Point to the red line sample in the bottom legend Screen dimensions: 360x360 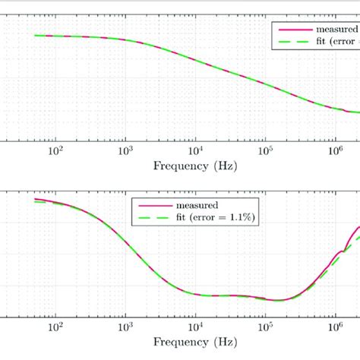(x=152, y=205)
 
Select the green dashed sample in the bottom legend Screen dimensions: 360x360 (x=152, y=218)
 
